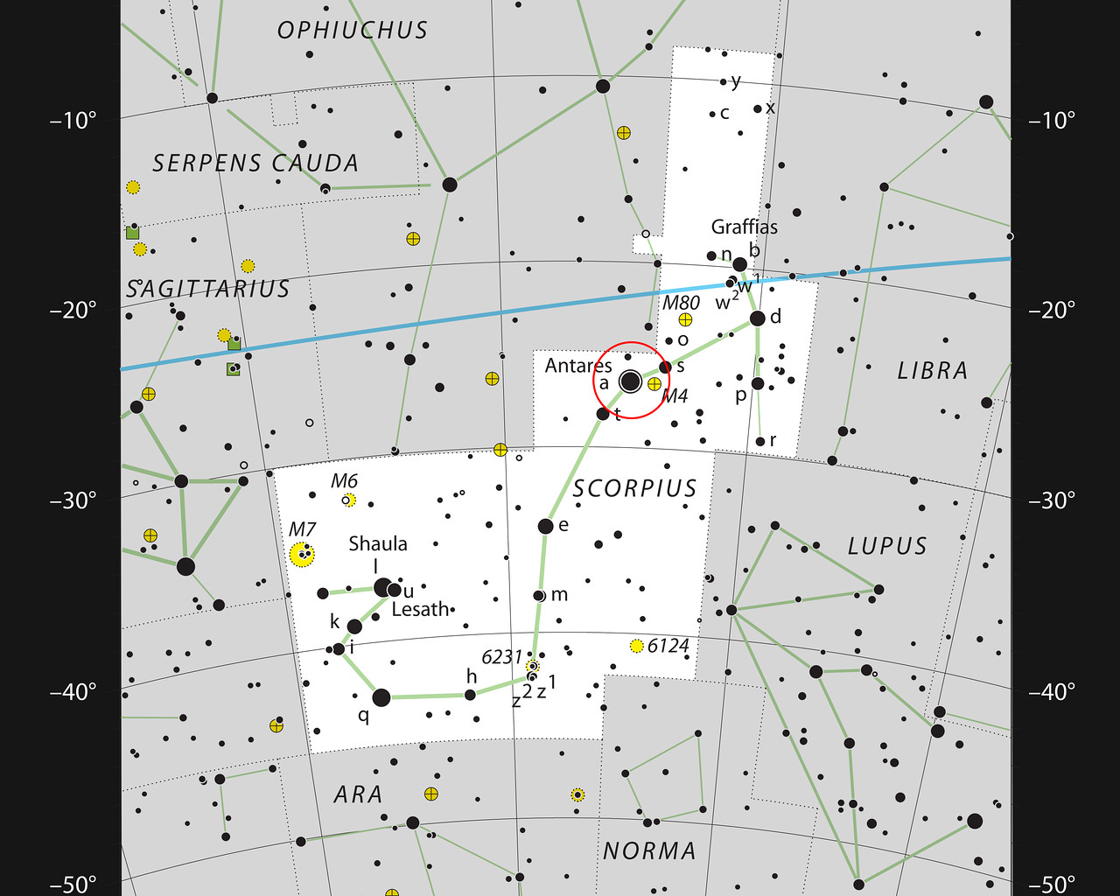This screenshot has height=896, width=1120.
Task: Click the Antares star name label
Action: pos(578,365)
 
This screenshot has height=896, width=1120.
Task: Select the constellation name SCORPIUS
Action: pos(634,488)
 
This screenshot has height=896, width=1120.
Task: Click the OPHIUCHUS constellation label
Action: pos(353,31)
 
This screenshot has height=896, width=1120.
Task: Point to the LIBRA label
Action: pos(933,371)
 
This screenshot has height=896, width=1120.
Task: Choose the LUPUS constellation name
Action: pos(886,546)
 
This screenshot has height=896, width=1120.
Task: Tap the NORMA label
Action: pos(649,850)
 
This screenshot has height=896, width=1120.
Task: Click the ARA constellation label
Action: pos(358,794)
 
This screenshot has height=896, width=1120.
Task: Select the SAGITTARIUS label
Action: pos(207,289)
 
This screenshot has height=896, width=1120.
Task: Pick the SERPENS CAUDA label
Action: pos(255,164)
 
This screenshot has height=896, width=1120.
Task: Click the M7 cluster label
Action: pos(302,529)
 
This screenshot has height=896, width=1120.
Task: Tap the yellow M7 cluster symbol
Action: pos(302,554)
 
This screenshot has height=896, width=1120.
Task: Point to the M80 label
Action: pos(681,303)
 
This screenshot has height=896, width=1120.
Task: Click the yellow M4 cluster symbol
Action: pos(654,383)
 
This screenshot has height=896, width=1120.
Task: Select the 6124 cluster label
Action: pos(668,646)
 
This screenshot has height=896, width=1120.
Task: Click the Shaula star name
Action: pos(378,543)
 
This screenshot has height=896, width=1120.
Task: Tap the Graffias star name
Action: pos(744,227)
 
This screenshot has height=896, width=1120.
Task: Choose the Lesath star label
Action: pos(420,609)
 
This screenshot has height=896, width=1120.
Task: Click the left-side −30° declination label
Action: pos(73,500)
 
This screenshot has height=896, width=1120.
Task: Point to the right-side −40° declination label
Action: pos(1052,692)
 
